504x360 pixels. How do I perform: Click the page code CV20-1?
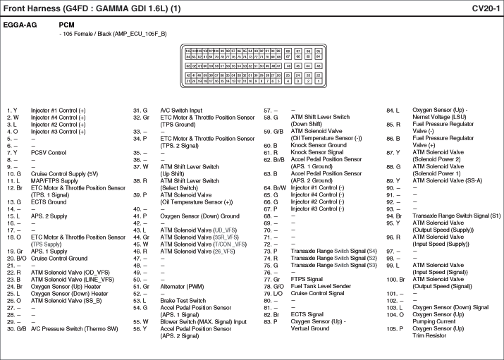pos(486,8)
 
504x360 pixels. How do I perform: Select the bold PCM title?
pos(67,24)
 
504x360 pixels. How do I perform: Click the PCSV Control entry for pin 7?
pos(48,152)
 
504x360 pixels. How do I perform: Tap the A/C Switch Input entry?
pos(181,111)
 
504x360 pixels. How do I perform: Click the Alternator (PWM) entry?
pos(182,287)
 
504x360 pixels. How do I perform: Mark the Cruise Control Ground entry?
pos(59,259)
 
